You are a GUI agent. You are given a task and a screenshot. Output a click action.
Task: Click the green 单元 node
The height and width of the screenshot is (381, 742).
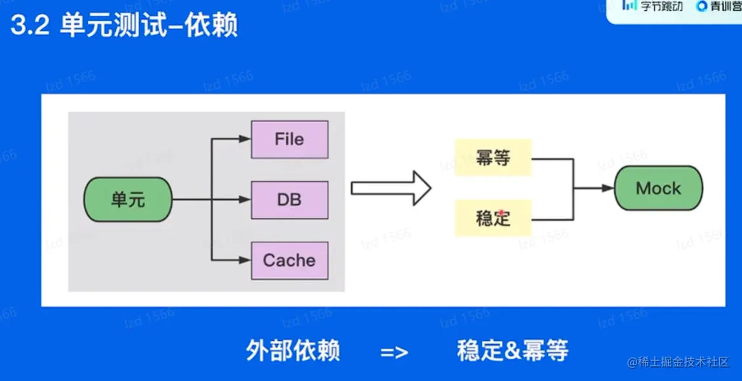(128, 200)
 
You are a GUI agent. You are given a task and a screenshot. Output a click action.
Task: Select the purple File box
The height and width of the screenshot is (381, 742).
(290, 139)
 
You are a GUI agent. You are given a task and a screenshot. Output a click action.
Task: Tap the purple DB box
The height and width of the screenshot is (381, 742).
(290, 200)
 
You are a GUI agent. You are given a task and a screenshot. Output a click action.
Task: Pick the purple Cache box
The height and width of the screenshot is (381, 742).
(290, 260)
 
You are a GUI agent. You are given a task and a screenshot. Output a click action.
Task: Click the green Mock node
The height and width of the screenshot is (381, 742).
(658, 188)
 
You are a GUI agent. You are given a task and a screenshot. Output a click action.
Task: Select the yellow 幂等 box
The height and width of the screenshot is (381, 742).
(493, 158)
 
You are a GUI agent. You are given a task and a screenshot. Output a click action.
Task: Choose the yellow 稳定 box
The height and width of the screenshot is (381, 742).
(493, 218)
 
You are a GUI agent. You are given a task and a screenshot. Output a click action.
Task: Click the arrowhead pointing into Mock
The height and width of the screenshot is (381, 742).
(607, 188)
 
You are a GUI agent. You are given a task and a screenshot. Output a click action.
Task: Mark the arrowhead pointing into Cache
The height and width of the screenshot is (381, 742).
(245, 260)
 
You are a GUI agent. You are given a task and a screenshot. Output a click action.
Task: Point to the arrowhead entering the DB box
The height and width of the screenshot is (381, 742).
(245, 200)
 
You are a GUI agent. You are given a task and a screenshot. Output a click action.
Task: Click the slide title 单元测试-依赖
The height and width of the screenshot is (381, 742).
(148, 28)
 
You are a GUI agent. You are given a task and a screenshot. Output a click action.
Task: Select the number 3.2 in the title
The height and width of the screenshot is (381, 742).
(30, 28)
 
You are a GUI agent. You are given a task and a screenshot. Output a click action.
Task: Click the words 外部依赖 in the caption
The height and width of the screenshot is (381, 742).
(293, 350)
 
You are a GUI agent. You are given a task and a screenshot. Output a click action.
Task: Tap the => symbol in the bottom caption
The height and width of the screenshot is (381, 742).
(395, 352)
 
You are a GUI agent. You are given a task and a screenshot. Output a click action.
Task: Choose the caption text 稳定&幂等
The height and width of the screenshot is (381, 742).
(512, 350)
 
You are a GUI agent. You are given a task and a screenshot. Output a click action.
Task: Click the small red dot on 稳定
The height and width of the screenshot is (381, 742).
(502, 213)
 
